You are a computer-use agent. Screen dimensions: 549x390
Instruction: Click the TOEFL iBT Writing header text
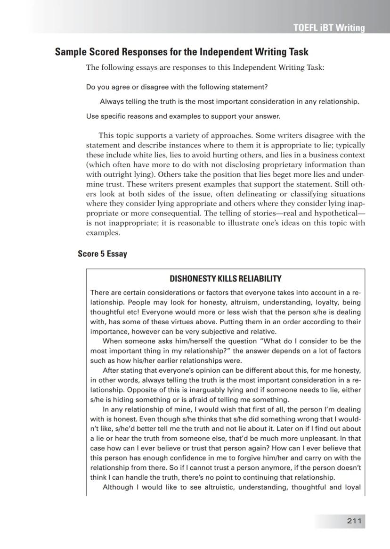pos(329,28)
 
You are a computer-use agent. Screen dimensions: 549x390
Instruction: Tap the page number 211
pos(354,521)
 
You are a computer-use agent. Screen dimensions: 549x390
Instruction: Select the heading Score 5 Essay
pos(102,254)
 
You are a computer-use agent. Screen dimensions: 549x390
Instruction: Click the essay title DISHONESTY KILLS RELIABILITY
pos(225,279)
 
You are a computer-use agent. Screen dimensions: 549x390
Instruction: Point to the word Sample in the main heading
pos(70,52)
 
